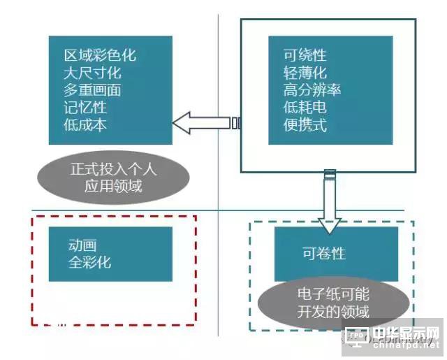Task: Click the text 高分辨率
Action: [x=312, y=91]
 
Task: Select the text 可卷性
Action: [x=323, y=253]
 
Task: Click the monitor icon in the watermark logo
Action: [x=356, y=338]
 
